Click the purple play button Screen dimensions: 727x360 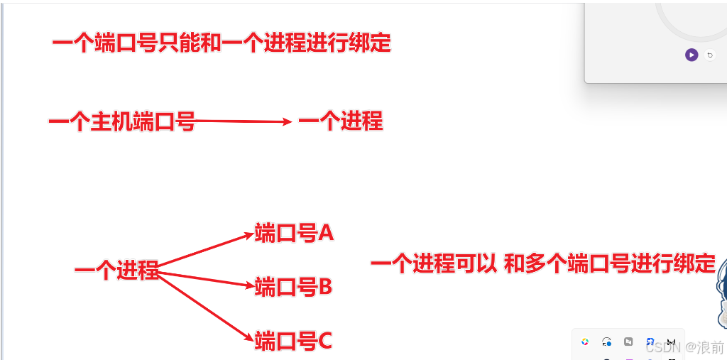[x=692, y=55]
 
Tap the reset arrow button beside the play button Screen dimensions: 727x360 [x=710, y=55]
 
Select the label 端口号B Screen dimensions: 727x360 [x=293, y=287]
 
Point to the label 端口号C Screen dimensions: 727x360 [x=293, y=342]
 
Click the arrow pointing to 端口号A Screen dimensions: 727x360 [x=206, y=249]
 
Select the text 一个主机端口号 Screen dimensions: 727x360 [x=121, y=122]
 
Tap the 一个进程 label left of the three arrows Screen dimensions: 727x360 [x=116, y=271]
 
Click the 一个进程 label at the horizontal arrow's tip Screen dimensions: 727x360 [x=340, y=121]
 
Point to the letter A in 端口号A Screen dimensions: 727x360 [x=325, y=232]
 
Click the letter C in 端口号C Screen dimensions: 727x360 [x=324, y=342]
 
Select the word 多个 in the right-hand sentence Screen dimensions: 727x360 [x=545, y=265]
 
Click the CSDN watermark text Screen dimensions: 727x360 [x=663, y=347]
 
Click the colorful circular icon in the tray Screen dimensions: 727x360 [x=585, y=342]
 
